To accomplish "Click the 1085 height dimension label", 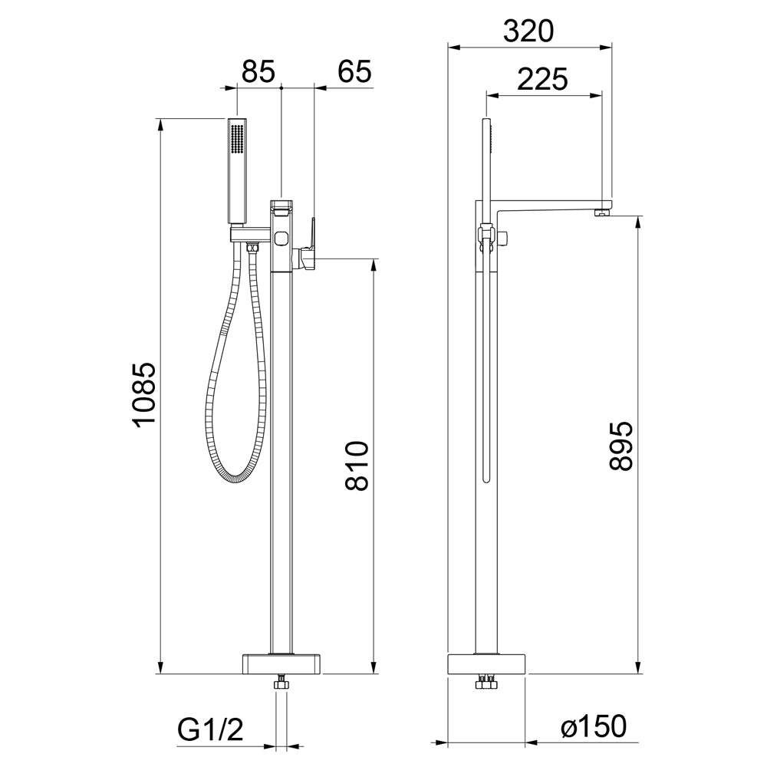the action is pos(145,395).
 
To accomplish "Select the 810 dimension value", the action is pos(356,466).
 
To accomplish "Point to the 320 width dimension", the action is pos(528,31).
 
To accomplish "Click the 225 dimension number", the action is pos(542,79).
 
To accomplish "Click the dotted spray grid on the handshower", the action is pos(237,140).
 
